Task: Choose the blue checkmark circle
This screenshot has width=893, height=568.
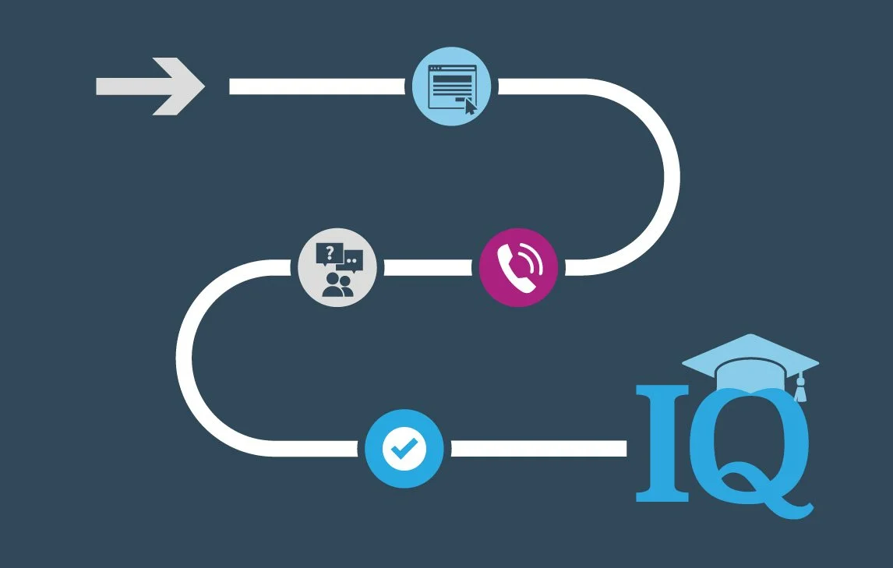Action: [x=404, y=448]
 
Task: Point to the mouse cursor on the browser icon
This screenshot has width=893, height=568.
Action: [x=470, y=107]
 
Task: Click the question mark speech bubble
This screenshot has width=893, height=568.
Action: [x=329, y=253]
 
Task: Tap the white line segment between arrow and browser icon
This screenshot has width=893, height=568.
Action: [x=319, y=86]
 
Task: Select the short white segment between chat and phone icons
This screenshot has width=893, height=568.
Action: [x=428, y=267]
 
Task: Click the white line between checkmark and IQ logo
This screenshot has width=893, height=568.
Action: [x=538, y=448]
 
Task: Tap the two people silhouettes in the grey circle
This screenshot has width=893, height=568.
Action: [x=337, y=284]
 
